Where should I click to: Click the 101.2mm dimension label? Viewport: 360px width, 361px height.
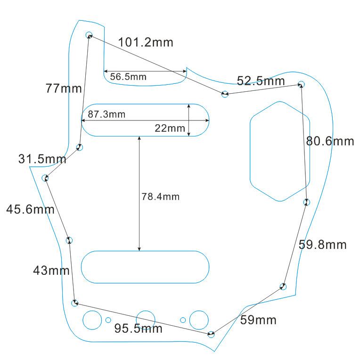tap(146, 42)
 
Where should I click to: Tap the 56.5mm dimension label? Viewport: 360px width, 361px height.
tap(128, 77)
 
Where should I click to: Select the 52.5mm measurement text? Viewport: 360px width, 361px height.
tap(261, 81)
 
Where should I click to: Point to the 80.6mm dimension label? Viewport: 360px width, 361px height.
tap(329, 141)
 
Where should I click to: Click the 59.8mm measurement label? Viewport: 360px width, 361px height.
tap(322, 245)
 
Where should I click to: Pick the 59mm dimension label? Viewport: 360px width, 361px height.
tap(258, 321)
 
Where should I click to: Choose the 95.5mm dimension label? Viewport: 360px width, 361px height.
tap(138, 329)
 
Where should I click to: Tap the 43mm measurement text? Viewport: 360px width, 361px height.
tap(51, 271)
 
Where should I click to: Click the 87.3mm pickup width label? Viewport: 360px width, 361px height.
tap(106, 114)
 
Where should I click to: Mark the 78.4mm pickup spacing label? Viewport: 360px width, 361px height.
tap(160, 197)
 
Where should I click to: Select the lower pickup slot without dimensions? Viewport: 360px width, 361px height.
tap(146, 267)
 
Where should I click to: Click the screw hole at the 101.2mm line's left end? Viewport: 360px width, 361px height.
tap(89, 35)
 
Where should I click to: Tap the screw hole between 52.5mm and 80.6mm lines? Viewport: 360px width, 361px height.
tap(301, 84)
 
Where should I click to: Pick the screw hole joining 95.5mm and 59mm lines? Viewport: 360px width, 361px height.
tap(211, 335)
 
